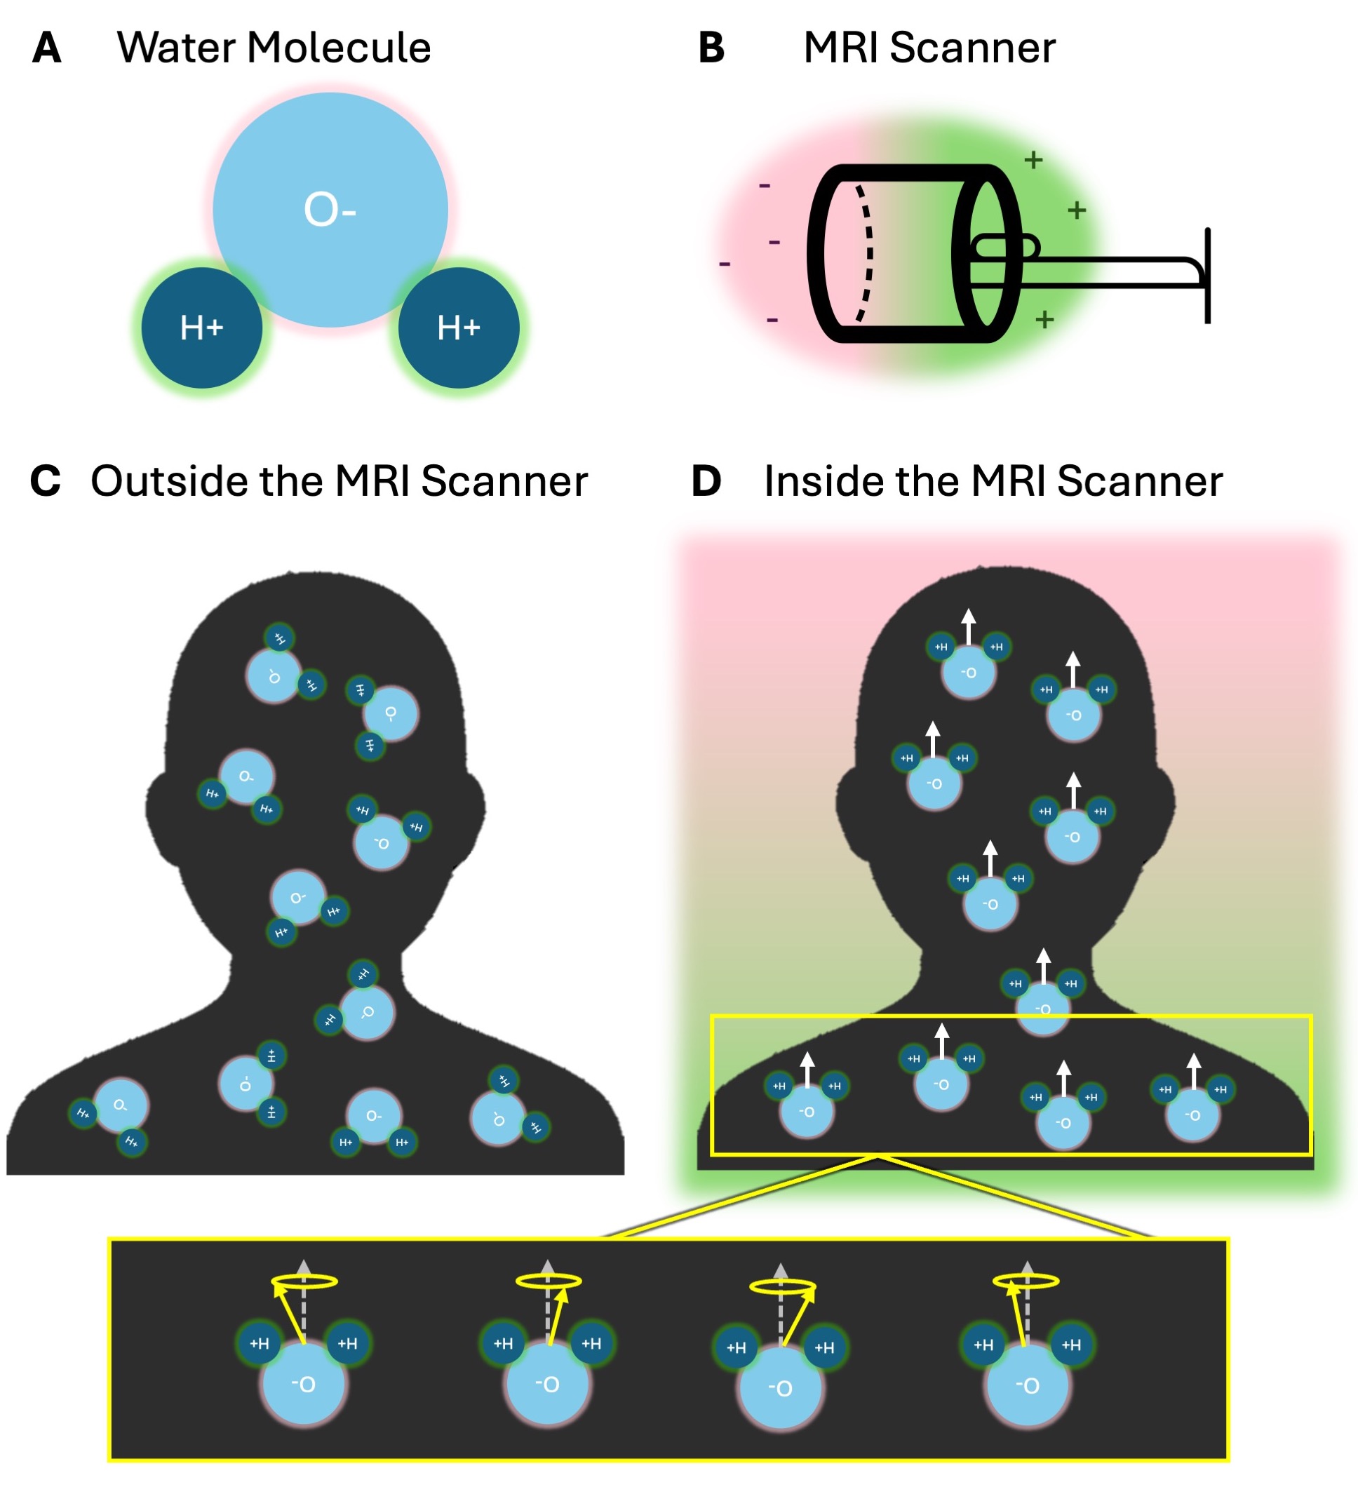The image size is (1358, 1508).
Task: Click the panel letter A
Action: (46, 48)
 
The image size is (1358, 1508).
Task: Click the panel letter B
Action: (711, 48)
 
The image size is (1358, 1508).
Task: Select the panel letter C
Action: (45, 481)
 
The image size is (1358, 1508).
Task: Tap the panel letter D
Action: (706, 481)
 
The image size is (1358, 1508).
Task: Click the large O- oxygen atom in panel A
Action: (330, 210)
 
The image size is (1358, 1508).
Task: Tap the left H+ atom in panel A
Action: (201, 328)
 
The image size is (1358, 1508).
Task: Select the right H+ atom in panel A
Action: (459, 328)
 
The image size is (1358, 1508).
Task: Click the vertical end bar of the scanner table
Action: (1207, 276)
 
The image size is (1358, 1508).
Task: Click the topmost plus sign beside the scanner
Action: (1033, 160)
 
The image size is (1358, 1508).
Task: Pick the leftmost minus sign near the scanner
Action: (725, 264)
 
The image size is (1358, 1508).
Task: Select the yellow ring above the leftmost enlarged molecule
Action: (304, 1282)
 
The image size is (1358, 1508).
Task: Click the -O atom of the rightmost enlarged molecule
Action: (1027, 1386)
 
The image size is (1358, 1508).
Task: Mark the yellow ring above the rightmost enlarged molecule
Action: (1026, 1281)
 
